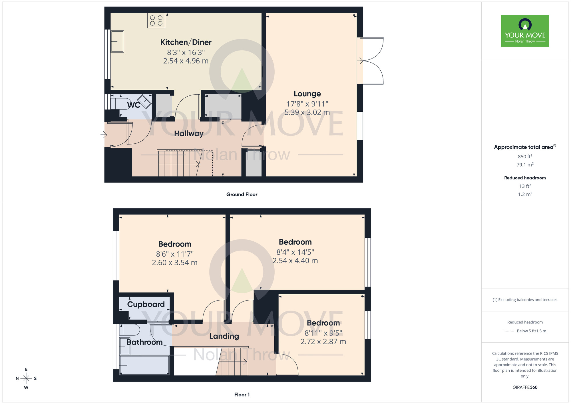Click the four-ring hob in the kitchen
coord(156,21)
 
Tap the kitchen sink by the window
coord(117,42)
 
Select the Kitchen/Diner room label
coord(186,42)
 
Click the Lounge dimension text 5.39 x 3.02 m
coord(307,112)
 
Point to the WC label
coord(134,105)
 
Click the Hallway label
coord(189,133)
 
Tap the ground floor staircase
coord(178,163)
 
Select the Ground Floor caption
coord(242,194)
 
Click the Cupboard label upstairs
coord(146,304)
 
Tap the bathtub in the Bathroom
coord(144,365)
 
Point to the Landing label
coord(224,336)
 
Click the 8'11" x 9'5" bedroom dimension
coord(323,333)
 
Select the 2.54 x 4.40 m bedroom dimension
coord(295,261)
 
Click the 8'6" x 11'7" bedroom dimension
coord(175,254)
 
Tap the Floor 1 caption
coord(242,395)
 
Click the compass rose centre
coord(26,379)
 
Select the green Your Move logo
coord(525,31)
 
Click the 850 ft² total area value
coord(525,157)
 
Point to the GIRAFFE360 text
coord(525,387)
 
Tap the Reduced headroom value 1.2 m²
coord(525,194)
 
